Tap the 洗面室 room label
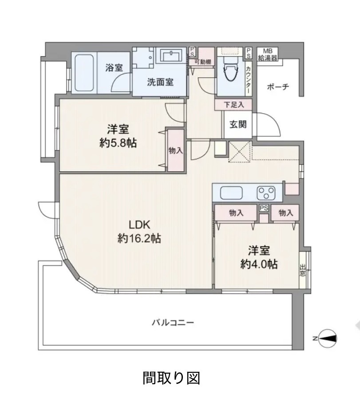(160, 83)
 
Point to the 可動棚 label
(202, 62)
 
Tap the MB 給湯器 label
(268, 55)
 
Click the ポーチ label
(278, 87)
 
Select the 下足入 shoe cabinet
(233, 105)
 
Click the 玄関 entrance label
(238, 125)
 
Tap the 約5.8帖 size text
(118, 143)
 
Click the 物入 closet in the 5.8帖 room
(176, 150)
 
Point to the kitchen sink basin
(232, 193)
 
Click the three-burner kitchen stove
(266, 193)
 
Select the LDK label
(139, 225)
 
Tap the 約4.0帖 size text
(259, 264)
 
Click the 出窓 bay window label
(302, 271)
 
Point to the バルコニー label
(173, 323)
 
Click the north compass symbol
(327, 338)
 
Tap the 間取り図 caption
(171, 378)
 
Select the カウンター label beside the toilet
(248, 80)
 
